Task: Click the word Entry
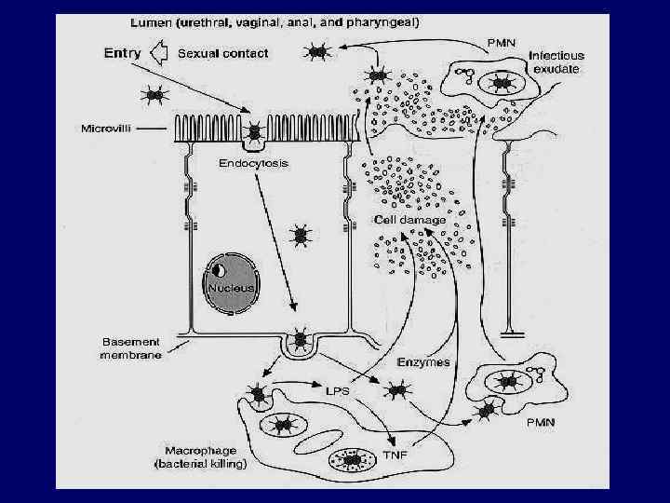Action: point(122,53)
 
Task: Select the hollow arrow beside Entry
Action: point(160,54)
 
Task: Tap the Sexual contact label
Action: point(222,53)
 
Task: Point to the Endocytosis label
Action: point(254,163)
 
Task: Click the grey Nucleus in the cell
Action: point(231,279)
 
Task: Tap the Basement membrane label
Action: point(130,347)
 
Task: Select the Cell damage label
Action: point(409,220)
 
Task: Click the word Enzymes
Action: point(422,361)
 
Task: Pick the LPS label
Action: point(336,391)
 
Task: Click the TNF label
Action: point(395,456)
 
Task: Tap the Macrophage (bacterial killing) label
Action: point(199,455)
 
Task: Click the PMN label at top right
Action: point(502,43)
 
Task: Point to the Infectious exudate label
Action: point(556,62)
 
